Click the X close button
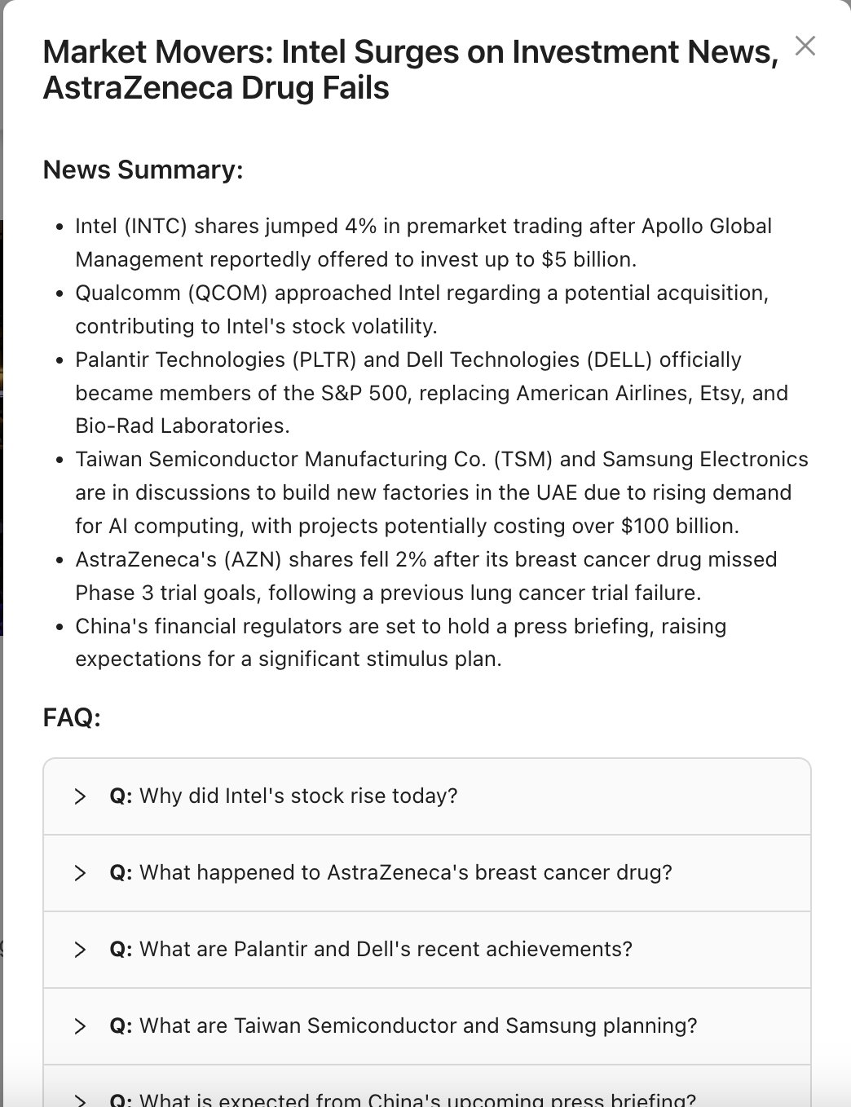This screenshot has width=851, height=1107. [805, 46]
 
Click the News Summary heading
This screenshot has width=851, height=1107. [143, 170]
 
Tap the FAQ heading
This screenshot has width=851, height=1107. [72, 717]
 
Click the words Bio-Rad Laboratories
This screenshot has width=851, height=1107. [182, 426]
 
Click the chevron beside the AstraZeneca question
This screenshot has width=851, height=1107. [80, 873]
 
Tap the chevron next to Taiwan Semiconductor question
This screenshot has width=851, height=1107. [80, 1026]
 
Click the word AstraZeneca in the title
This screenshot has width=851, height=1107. [123, 88]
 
